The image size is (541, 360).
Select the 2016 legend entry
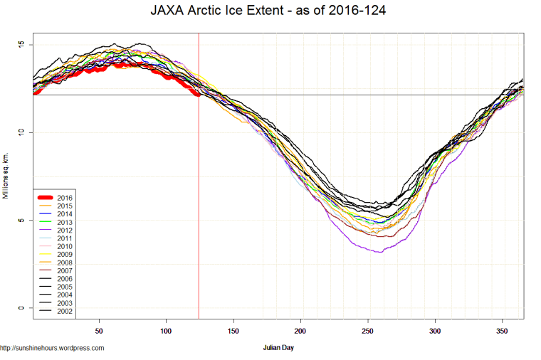[x=64, y=196]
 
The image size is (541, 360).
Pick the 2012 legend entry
[x=64, y=231]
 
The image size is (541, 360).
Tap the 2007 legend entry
[x=64, y=271]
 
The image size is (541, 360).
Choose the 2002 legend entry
[x=64, y=311]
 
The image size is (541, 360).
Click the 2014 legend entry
[x=64, y=213]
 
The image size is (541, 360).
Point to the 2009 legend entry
[x=64, y=254]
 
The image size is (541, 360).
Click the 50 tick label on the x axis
[x=100, y=332]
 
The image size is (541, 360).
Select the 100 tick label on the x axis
[x=167, y=332]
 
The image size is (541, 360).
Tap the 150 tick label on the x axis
[x=233, y=332]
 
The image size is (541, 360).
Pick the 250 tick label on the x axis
[x=368, y=332]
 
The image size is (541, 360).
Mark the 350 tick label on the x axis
[x=503, y=332]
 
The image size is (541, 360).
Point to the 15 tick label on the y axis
[x=21, y=45]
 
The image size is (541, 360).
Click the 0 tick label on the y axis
[x=21, y=308]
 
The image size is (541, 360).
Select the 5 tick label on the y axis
[x=21, y=221]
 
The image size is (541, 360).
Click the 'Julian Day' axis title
[x=278, y=348]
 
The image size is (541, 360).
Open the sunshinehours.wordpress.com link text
[x=53, y=348]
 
